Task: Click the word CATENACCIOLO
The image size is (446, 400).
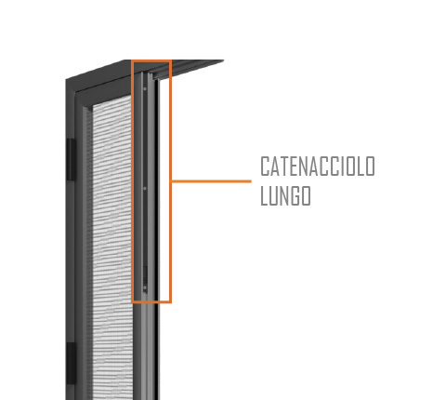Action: point(318,167)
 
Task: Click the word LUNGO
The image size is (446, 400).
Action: point(285,195)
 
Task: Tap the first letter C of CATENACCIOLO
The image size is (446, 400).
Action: point(265,167)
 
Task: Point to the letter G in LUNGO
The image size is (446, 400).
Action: point(296,195)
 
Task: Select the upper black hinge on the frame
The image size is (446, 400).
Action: point(71,159)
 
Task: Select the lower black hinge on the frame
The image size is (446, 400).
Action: point(71,363)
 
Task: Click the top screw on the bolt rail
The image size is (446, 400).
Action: point(145,89)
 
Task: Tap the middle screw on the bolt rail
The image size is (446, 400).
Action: point(145,188)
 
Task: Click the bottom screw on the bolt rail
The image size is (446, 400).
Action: point(145,288)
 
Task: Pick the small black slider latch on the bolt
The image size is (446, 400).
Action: point(145,274)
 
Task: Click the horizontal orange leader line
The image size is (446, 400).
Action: point(212,181)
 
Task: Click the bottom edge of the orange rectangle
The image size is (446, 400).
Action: point(151,301)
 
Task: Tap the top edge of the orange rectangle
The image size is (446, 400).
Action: point(151,61)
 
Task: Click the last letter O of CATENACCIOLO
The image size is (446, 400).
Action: point(371,167)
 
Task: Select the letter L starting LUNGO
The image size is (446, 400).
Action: point(264,195)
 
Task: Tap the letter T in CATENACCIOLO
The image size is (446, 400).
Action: point(284,167)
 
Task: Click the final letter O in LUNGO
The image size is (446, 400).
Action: point(306,195)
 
